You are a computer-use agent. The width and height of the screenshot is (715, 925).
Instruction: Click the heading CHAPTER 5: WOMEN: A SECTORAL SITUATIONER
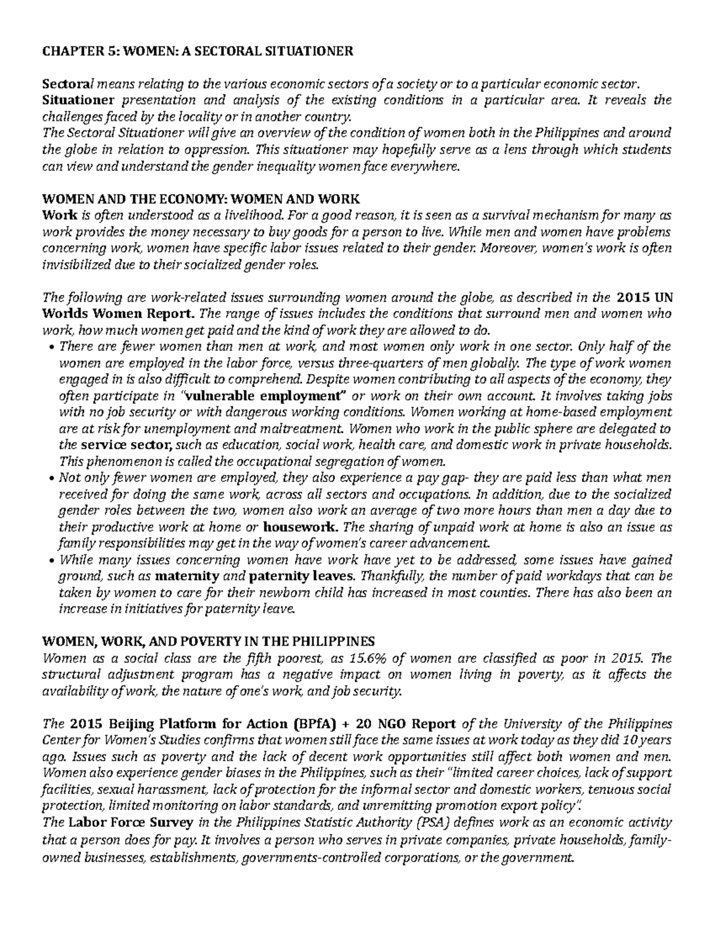pyautogui.click(x=197, y=51)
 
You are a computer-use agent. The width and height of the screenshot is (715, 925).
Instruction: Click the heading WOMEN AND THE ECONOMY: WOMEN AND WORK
pyautogui.click(x=201, y=198)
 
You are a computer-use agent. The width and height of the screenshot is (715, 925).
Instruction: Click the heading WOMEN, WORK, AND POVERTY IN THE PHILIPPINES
pyautogui.click(x=208, y=641)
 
